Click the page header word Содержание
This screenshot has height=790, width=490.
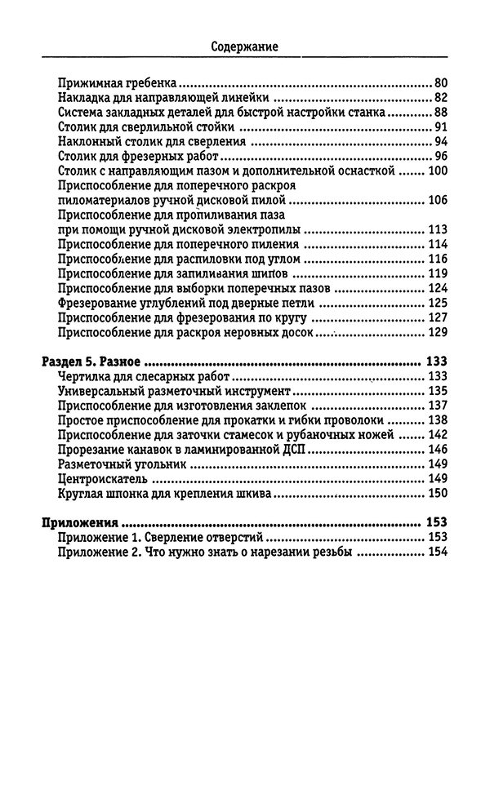click(x=244, y=47)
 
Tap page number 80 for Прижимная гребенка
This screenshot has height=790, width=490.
click(x=441, y=82)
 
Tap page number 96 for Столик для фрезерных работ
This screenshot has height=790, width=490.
click(x=441, y=156)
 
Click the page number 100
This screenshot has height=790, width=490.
click(x=439, y=171)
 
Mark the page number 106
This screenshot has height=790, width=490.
click(x=439, y=200)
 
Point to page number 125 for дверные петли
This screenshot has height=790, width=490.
click(x=439, y=303)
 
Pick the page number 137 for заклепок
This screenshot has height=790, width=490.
click(x=439, y=406)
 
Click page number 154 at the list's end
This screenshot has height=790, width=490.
click(x=439, y=553)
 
